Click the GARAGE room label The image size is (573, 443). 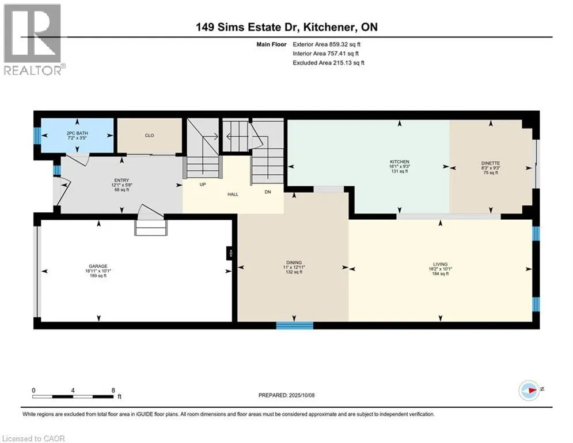(x=98, y=266)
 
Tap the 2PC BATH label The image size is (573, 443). (x=77, y=133)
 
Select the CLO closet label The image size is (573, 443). (x=150, y=136)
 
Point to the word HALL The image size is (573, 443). (x=233, y=194)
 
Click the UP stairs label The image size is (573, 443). (x=203, y=185)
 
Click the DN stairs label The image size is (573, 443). (x=268, y=192)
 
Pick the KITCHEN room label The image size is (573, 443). (x=400, y=162)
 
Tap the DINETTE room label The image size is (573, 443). (x=491, y=163)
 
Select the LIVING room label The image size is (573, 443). (x=441, y=264)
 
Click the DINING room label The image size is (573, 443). (x=294, y=262)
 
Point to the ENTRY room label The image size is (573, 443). (x=122, y=180)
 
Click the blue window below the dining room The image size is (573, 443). (x=294, y=325)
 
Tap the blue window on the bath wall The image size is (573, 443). (x=37, y=136)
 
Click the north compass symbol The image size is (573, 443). (x=529, y=391)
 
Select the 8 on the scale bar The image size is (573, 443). (x=113, y=391)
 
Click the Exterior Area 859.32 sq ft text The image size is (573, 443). (x=327, y=44)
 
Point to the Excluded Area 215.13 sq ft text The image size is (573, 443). (x=328, y=63)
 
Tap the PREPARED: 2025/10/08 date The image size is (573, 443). (x=287, y=395)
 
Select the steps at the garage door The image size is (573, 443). (x=151, y=227)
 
